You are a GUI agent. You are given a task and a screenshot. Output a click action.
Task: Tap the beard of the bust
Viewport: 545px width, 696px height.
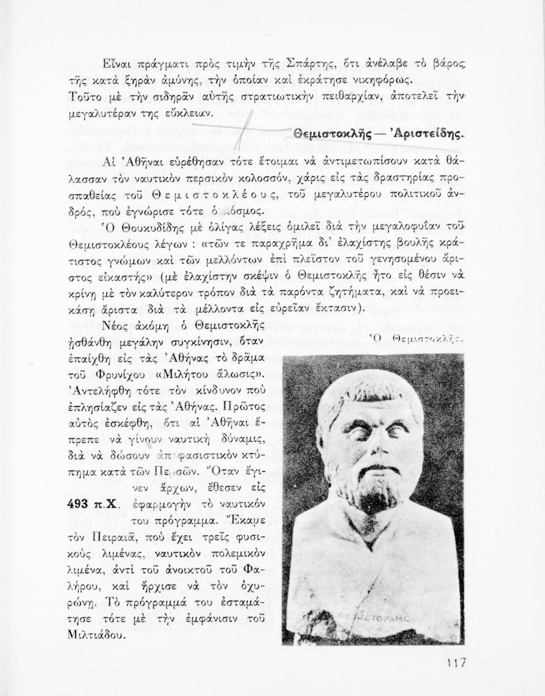371,499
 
